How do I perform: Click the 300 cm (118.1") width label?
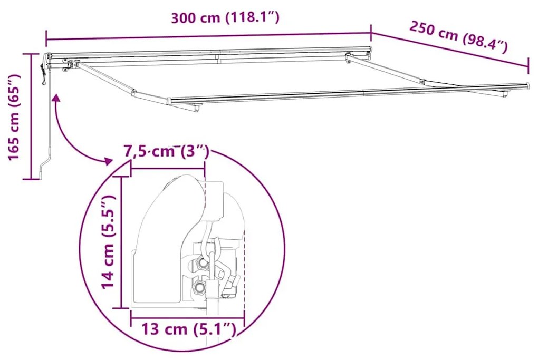(224, 17)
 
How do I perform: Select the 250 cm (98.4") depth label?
(458, 37)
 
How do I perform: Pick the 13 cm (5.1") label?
(187, 329)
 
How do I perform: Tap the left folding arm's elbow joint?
(134, 94)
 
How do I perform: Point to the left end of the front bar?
(170, 100)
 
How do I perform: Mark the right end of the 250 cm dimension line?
(528, 67)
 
